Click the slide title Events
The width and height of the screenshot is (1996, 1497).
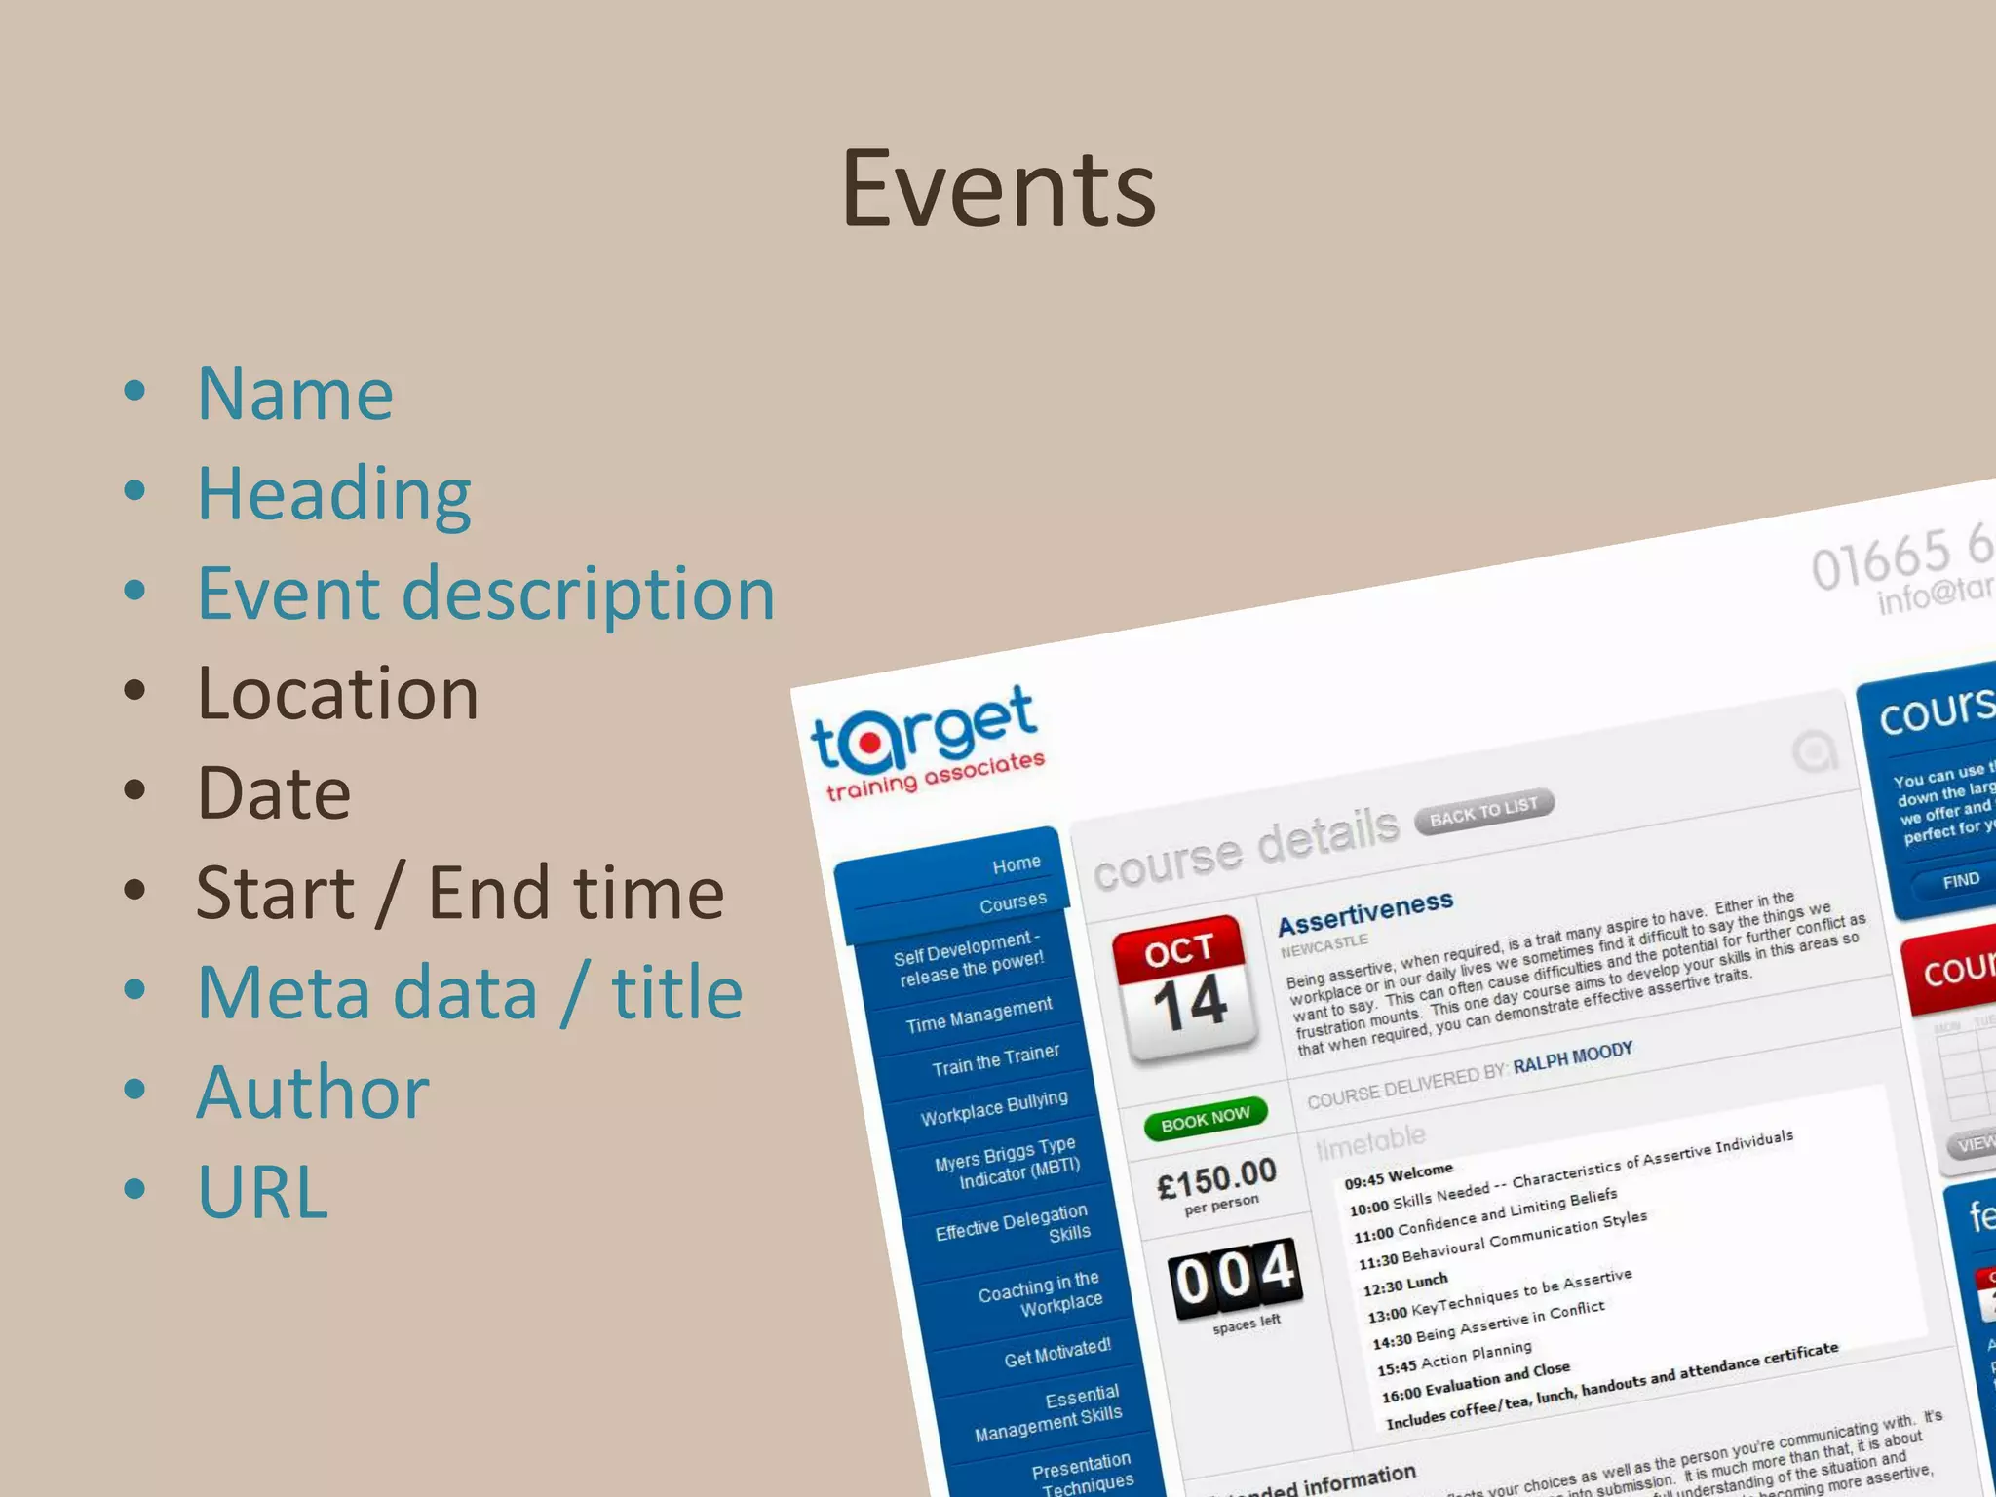(x=998, y=189)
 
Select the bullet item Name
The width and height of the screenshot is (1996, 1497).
(x=295, y=395)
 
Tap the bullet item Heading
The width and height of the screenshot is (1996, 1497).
(x=334, y=495)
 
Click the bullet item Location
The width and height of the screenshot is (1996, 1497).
(x=337, y=694)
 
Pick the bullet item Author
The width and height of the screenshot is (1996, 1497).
(x=313, y=1093)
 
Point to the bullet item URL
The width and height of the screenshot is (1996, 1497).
(x=262, y=1192)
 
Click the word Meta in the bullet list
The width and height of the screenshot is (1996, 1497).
(x=366, y=993)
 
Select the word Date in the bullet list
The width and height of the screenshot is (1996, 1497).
(x=274, y=793)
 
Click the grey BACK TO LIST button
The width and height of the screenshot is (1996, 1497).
(x=1483, y=809)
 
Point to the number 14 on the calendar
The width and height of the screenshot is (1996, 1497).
(x=1190, y=1003)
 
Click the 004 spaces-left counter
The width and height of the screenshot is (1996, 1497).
(x=1235, y=1276)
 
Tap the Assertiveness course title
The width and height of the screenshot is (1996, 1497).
(x=1365, y=912)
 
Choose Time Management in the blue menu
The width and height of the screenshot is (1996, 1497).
(x=979, y=1015)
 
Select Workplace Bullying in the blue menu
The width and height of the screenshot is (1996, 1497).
(x=994, y=1107)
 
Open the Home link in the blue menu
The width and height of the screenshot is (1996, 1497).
(x=1017, y=864)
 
